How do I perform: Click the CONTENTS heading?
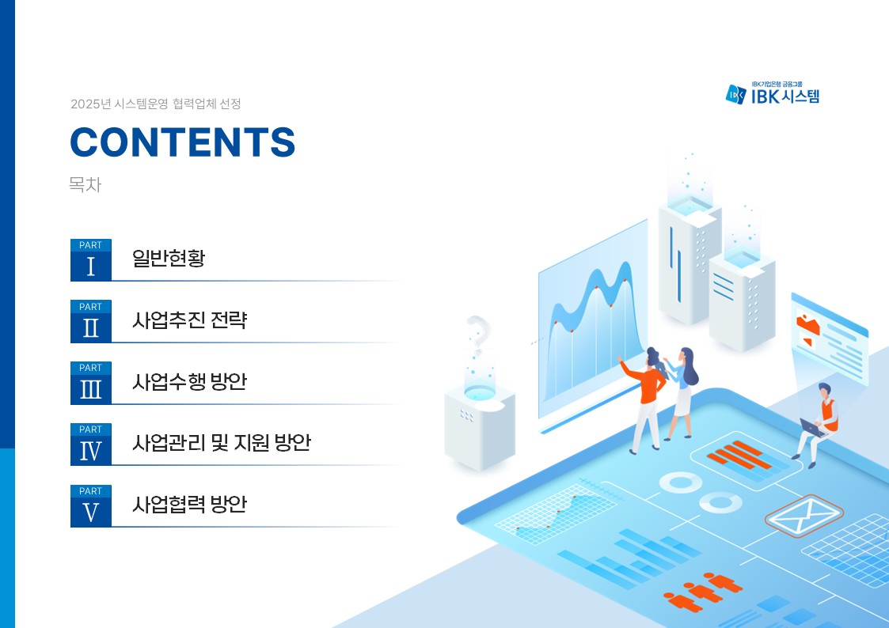tap(183, 142)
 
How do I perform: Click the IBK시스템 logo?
tap(772, 93)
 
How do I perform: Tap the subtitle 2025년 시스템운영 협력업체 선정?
tap(156, 104)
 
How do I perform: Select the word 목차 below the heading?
tap(85, 184)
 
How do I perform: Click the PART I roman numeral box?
tap(91, 260)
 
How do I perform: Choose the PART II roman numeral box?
tap(91, 322)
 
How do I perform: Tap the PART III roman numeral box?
tap(91, 383)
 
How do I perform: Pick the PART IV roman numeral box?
tap(91, 445)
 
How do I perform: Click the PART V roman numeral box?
tap(91, 506)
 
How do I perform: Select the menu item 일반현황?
tap(169, 258)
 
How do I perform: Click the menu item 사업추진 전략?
tap(190, 320)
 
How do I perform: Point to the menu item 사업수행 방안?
tap(190, 382)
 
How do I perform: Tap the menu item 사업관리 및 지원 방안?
tap(222, 443)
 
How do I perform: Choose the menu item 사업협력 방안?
tap(190, 505)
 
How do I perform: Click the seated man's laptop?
tap(812, 428)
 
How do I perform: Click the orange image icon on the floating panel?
tap(808, 326)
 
